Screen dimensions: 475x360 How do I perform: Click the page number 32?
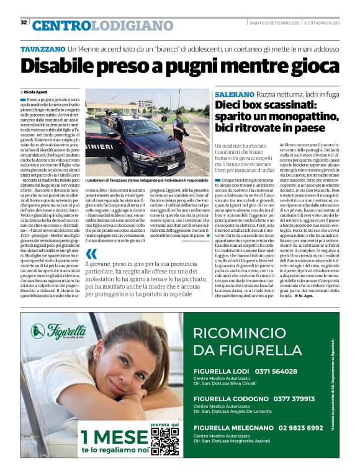point(24,22)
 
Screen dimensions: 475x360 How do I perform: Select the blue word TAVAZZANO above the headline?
point(43,48)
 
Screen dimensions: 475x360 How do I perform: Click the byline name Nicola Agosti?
point(37,91)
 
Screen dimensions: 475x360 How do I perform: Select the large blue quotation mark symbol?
point(91,254)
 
